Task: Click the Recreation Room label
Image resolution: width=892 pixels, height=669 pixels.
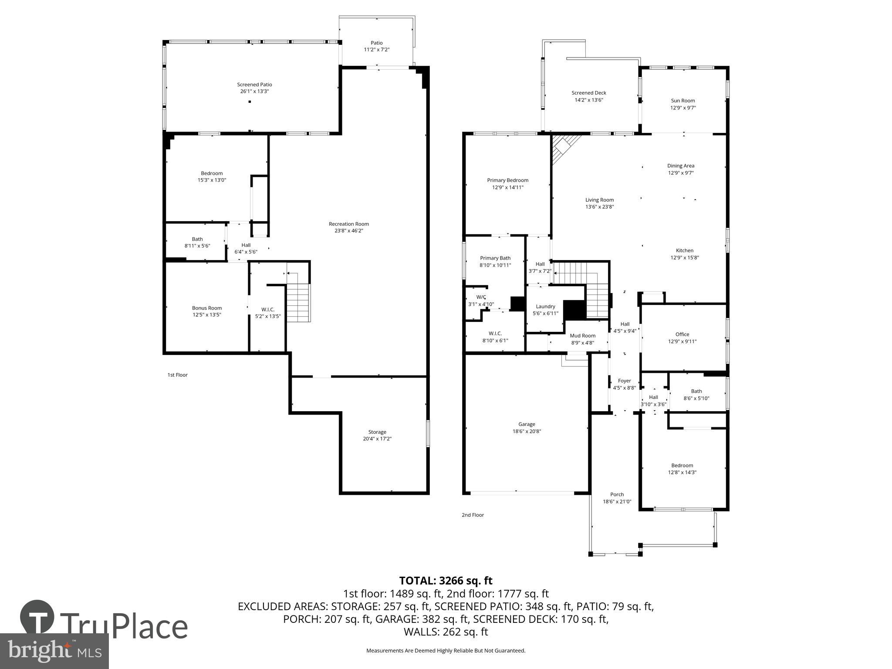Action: coord(348,224)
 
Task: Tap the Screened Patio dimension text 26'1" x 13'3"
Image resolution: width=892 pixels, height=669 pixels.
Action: coord(254,91)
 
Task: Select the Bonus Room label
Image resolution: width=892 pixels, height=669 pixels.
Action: coord(207,308)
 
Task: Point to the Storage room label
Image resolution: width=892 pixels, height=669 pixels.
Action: coord(377,432)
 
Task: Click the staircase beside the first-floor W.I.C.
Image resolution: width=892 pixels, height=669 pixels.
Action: coord(299,303)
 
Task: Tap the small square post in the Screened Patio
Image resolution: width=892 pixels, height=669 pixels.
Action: coord(250,102)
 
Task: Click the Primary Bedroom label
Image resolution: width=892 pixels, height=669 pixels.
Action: coord(507,180)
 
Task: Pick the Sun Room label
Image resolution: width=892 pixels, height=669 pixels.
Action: coord(683,101)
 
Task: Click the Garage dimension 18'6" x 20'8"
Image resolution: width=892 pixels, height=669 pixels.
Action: coord(527,431)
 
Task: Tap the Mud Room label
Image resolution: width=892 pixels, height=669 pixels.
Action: coord(582,336)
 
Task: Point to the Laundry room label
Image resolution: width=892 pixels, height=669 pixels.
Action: coord(545,307)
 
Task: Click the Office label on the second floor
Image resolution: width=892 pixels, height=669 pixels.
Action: coord(682,334)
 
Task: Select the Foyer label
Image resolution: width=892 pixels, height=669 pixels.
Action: coord(624,381)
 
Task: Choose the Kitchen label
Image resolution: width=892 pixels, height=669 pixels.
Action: coord(684,250)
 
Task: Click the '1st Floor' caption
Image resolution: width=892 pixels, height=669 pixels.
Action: coord(177,375)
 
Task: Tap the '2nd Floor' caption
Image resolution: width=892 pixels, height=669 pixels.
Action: coord(473,515)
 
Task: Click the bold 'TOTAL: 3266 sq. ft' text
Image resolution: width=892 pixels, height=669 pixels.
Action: coord(446,581)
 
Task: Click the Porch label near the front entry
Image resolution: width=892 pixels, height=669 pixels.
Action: coord(617,494)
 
